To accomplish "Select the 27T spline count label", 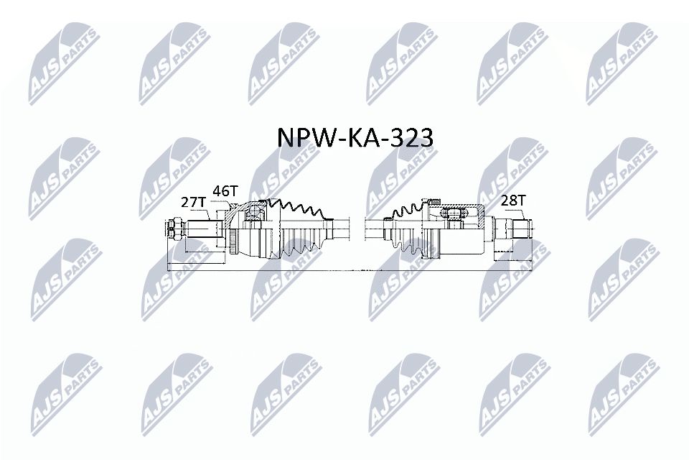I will point(193,203).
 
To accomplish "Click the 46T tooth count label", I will point(225,191).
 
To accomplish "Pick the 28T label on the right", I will point(512,201).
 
